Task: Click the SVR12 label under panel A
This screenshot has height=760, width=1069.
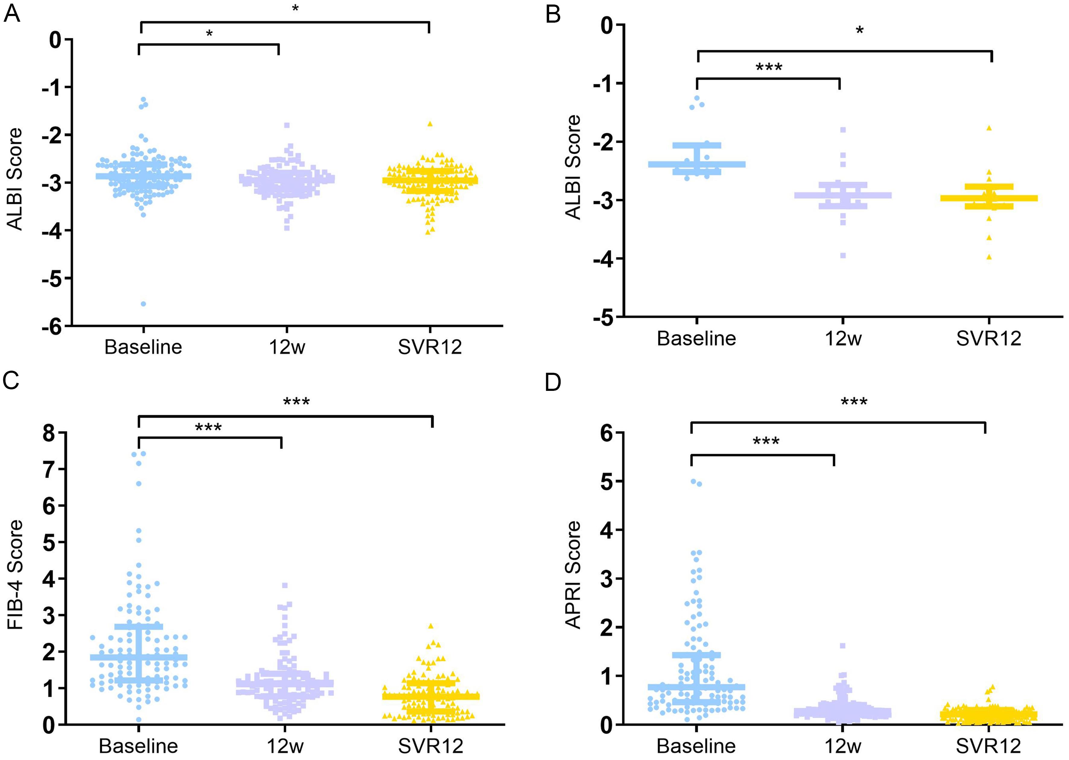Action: [x=429, y=347]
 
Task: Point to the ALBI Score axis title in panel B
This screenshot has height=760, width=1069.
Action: [x=573, y=167]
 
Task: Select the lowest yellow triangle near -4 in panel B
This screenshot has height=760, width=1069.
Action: [x=989, y=257]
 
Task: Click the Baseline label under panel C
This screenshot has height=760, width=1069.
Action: [x=138, y=746]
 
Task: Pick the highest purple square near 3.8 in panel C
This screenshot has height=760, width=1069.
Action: [x=285, y=585]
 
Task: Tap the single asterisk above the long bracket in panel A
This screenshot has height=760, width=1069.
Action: [x=295, y=9]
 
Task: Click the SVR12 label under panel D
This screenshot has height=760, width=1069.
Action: [x=988, y=746]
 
